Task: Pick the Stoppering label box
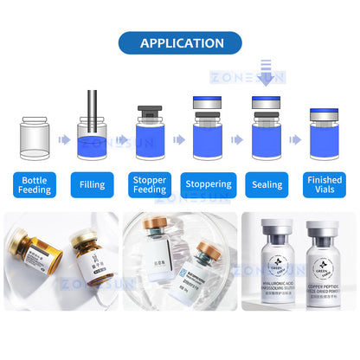(x=208, y=183)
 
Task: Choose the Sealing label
(x=266, y=183)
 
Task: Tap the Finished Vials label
(x=324, y=183)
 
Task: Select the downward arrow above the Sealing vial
(x=267, y=79)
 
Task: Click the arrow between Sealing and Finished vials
(x=294, y=138)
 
